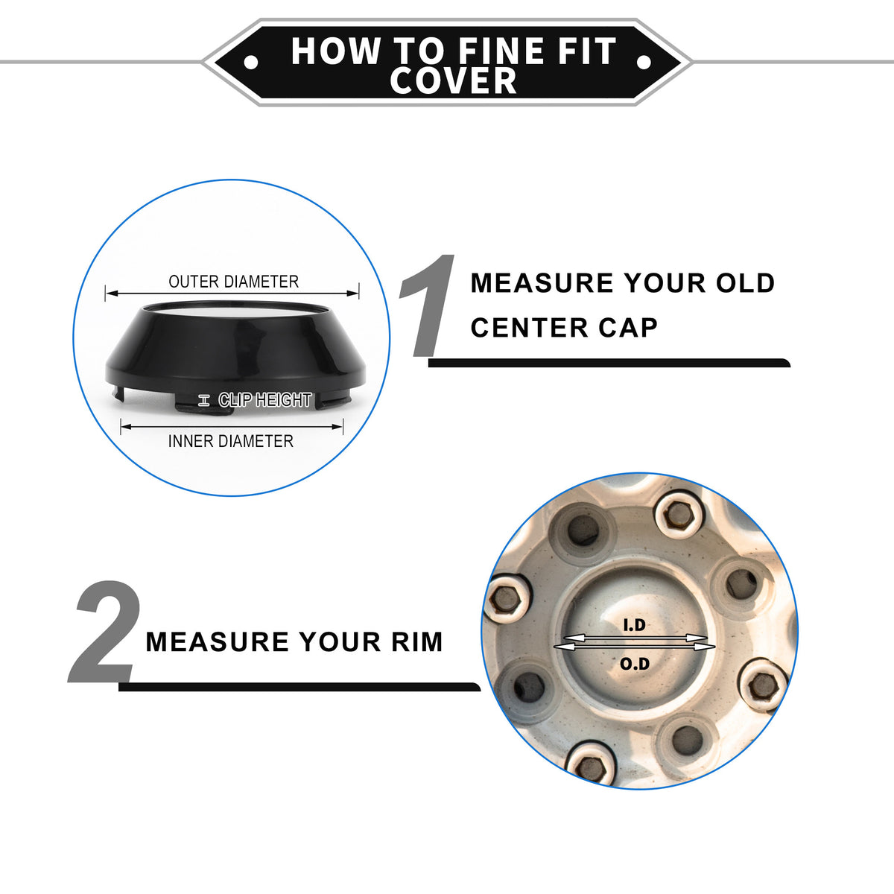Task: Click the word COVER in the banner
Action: click(x=453, y=80)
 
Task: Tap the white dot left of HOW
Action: click(x=251, y=62)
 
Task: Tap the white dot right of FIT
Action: click(x=644, y=62)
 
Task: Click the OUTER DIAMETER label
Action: click(x=233, y=282)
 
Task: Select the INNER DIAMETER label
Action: click(x=230, y=441)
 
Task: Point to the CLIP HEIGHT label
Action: click(x=264, y=400)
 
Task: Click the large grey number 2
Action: click(x=105, y=632)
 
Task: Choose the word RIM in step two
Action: click(x=417, y=642)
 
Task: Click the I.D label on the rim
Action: click(x=634, y=625)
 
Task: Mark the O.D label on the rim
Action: click(x=635, y=664)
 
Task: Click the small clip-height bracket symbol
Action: click(x=203, y=400)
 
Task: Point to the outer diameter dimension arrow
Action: click(x=232, y=294)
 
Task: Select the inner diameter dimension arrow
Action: click(x=232, y=426)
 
